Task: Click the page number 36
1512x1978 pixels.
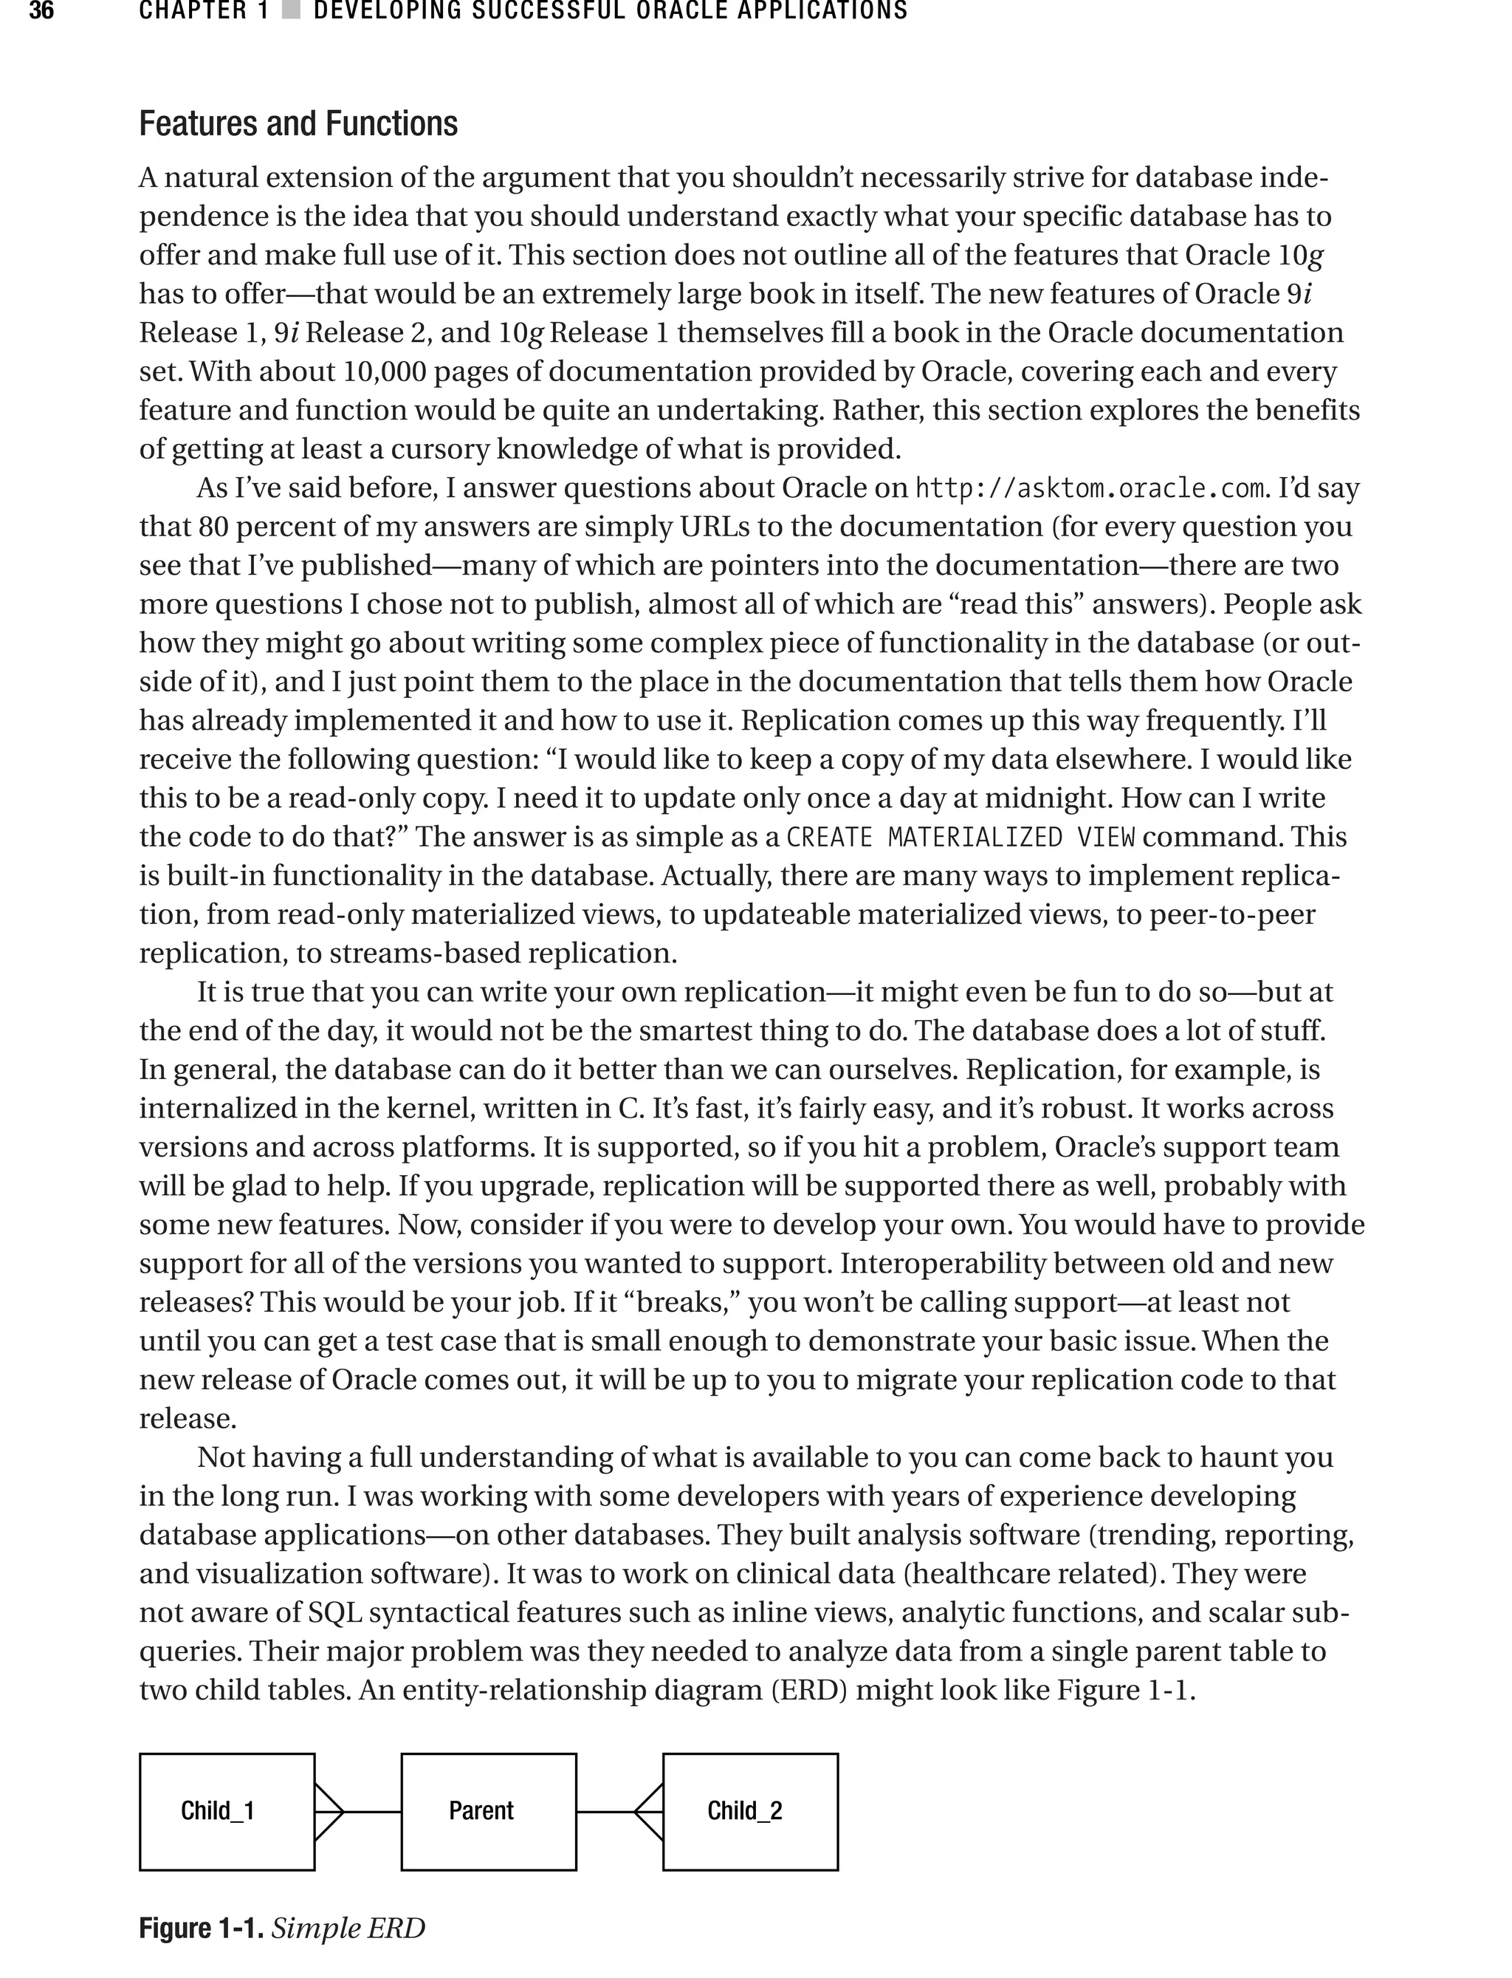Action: coord(41,12)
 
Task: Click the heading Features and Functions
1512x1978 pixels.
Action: coord(298,123)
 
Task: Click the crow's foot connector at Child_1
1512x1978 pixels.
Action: coord(329,1810)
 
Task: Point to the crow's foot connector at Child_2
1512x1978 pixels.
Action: coord(649,1810)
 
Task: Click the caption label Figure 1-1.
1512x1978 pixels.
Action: coord(201,1928)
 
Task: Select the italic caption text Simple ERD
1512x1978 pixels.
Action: coord(348,1928)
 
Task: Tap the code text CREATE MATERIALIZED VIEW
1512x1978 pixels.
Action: coord(961,838)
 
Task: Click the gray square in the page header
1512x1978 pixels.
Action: coord(290,12)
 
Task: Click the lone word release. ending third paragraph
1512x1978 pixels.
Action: coord(188,1419)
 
